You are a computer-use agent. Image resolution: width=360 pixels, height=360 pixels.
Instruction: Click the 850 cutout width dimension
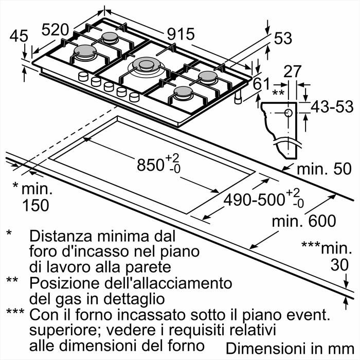154,165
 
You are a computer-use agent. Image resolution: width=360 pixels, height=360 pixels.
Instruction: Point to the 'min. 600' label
304,221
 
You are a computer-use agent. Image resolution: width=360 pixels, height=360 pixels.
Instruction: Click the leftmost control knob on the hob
83,78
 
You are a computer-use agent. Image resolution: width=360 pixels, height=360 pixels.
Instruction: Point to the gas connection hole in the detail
288,112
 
